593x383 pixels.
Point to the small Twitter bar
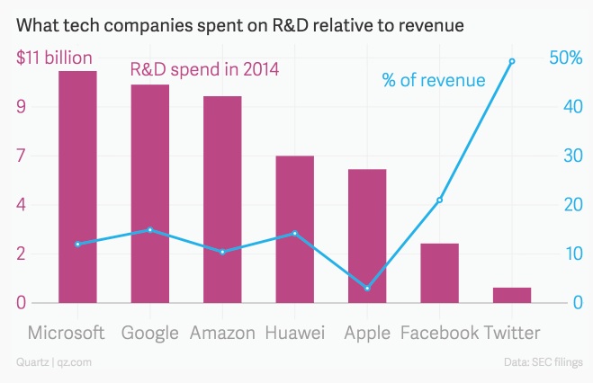pos(512,295)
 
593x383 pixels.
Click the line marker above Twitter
pos(512,61)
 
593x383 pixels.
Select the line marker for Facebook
pos(439,200)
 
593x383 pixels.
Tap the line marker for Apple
pos(367,288)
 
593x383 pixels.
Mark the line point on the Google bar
pos(150,230)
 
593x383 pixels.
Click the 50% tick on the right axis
pos(567,58)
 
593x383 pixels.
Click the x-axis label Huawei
pos(294,334)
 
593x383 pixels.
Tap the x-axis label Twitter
pos(512,334)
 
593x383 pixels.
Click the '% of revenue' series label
pos(434,80)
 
